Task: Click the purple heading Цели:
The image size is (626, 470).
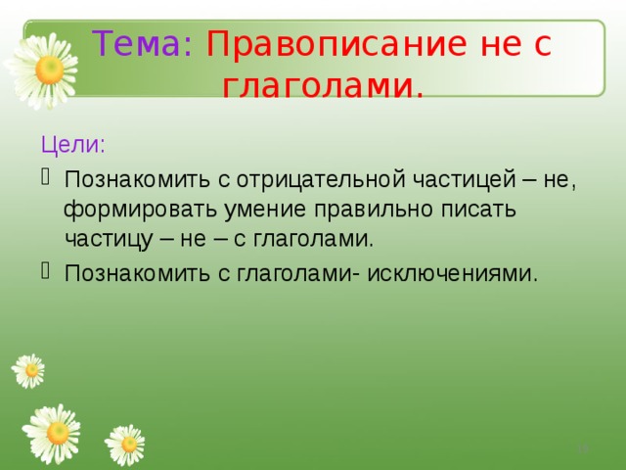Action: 73,144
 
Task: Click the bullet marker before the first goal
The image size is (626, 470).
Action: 48,179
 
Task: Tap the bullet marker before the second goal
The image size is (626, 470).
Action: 48,270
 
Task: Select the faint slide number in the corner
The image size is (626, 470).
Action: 583,447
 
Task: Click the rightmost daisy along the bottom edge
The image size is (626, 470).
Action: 125,445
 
